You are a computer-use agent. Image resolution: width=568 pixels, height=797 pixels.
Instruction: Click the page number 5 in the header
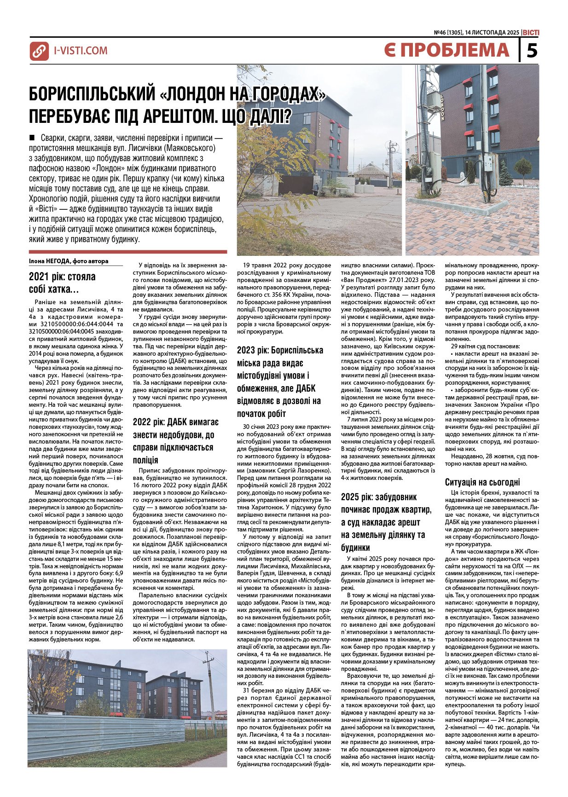point(532,50)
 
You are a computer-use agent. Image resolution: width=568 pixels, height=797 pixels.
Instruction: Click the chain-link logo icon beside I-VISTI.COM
point(39,51)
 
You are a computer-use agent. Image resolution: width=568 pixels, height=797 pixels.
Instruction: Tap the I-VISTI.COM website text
point(81,51)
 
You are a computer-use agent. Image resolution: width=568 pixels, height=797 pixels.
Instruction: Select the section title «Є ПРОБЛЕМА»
point(446,50)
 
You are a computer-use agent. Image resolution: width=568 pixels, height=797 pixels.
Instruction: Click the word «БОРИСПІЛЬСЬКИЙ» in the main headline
point(92,94)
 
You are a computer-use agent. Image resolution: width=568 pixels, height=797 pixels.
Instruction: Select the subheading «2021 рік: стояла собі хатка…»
point(62,283)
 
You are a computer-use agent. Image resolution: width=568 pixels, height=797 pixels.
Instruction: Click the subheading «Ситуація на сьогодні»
point(482,482)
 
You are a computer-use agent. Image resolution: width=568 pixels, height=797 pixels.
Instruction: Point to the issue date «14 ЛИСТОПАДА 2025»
point(492,33)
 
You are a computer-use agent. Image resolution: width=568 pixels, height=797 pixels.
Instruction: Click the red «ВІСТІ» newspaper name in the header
point(531,33)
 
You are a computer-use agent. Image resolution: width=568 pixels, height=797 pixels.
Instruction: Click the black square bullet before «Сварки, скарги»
point(32,137)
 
